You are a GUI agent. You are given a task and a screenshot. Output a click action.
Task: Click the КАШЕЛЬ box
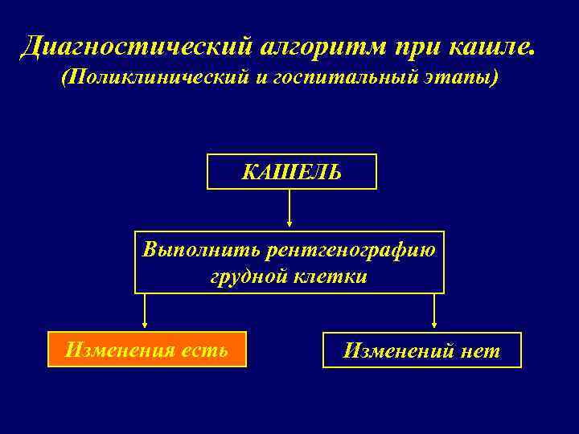(292, 171)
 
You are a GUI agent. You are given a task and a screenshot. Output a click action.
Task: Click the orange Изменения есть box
(146, 350)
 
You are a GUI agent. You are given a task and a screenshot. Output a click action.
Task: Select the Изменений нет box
(422, 350)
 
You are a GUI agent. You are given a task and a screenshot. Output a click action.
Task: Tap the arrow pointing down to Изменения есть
(145, 311)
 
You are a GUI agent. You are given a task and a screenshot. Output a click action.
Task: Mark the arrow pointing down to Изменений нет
(434, 311)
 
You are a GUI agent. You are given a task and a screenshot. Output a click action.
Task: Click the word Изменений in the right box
(395, 351)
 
